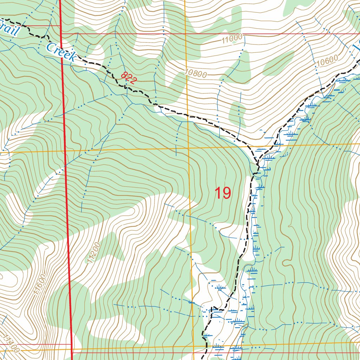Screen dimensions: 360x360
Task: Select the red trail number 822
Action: [x=129, y=78]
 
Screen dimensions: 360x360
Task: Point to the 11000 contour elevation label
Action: [x=232, y=39]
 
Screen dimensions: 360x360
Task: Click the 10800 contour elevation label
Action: [x=195, y=73]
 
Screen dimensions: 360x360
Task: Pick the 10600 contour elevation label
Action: [x=327, y=61]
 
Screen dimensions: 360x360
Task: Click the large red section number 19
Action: [x=223, y=193]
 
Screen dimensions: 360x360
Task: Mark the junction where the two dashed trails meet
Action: [x=258, y=164]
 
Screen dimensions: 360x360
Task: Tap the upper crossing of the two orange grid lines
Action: [x=188, y=148]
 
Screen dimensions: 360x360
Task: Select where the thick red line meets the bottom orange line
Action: [x=71, y=350]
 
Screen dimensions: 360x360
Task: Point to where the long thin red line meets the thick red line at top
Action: [x=61, y=34]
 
